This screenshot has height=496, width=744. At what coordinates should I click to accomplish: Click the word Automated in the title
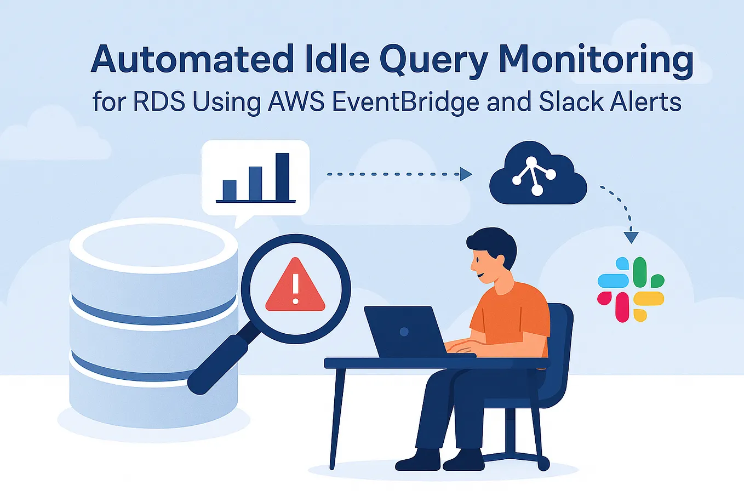192,59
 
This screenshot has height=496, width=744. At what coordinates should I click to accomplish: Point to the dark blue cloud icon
537,174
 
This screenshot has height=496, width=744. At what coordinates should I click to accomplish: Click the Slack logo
631,289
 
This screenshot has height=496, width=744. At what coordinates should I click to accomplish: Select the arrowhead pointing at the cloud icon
466,174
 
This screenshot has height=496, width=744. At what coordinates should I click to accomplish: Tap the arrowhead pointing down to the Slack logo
631,237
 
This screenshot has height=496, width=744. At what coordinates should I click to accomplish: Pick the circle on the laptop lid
404,332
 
